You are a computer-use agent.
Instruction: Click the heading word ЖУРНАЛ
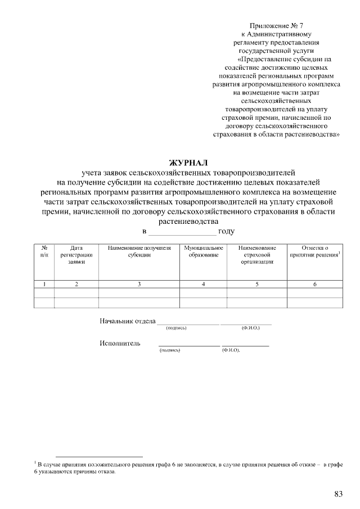(188, 163)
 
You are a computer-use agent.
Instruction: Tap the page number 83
(339, 494)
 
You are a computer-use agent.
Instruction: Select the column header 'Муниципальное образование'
(203, 251)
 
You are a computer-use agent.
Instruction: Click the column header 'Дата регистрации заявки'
(76, 255)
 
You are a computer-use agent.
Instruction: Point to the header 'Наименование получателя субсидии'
(138, 251)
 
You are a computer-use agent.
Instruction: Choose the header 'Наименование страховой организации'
(256, 255)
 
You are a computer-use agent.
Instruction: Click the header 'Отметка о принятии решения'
(314, 251)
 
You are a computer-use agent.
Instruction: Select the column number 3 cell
(138, 284)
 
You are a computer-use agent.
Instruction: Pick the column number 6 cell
(314, 284)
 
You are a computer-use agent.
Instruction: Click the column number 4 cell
(203, 284)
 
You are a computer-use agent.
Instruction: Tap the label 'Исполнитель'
(120, 343)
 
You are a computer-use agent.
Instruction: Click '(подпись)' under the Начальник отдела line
(175, 328)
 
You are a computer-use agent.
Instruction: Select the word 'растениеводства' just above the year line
(188, 222)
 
